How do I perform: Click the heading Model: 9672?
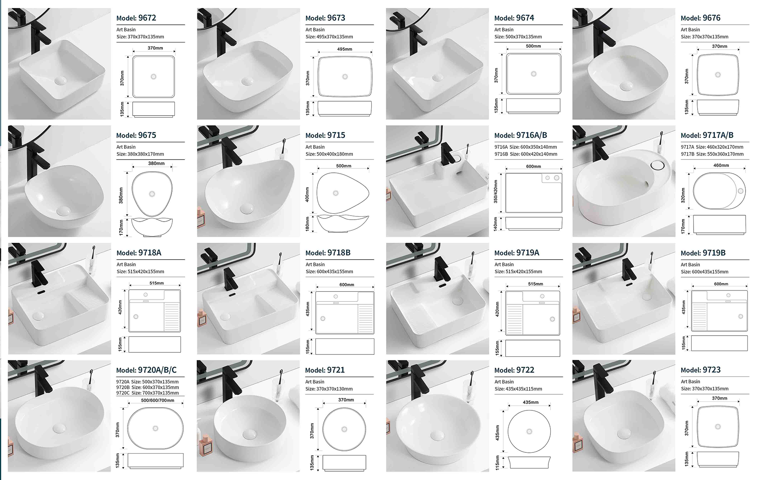[x=136, y=18]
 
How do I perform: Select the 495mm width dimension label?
[x=344, y=49]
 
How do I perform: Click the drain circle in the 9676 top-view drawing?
[x=718, y=75]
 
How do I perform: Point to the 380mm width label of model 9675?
[x=156, y=163]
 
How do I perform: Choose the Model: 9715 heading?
[x=325, y=136]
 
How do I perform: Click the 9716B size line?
[x=526, y=154]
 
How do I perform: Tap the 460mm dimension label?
[x=721, y=165]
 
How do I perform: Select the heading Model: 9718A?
[x=139, y=253]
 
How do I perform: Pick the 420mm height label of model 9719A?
[x=497, y=309]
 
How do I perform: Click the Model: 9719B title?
[x=703, y=253]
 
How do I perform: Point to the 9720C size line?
[x=148, y=393]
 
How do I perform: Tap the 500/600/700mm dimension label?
[x=158, y=400]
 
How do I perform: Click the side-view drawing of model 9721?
[x=344, y=462]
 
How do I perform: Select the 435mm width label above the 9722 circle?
[x=530, y=402]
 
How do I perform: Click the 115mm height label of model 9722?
[x=497, y=462]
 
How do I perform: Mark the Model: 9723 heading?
[x=700, y=370]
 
